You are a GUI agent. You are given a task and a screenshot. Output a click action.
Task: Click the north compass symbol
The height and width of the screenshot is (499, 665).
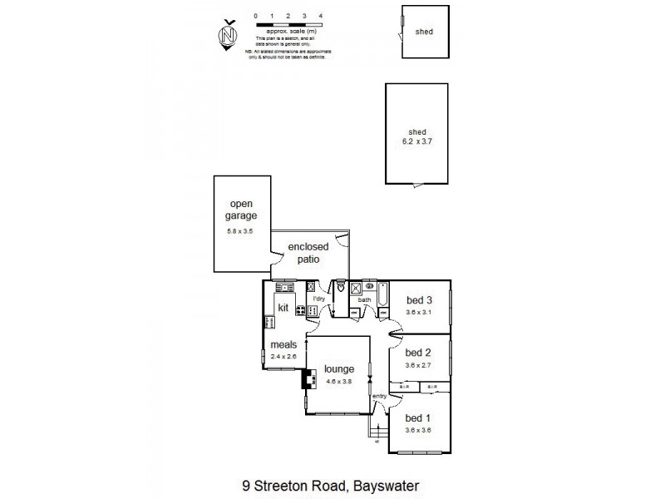click(x=227, y=34)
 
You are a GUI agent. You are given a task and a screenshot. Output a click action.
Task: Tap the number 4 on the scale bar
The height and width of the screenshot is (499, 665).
click(x=320, y=16)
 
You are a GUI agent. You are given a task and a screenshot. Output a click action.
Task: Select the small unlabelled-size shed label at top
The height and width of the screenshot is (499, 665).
click(x=425, y=32)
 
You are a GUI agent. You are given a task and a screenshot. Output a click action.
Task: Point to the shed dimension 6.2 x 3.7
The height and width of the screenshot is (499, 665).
click(x=417, y=142)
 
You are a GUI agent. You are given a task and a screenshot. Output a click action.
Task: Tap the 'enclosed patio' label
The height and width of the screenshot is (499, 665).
click(x=308, y=253)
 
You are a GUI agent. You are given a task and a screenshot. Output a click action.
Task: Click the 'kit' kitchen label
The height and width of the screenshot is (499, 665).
click(x=283, y=308)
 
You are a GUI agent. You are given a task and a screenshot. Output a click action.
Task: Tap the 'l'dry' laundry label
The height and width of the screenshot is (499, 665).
click(x=318, y=299)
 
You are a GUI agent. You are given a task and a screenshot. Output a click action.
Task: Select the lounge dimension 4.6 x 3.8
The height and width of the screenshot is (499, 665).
click(x=340, y=382)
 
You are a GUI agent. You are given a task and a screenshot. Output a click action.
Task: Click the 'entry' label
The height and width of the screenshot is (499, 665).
click(x=380, y=396)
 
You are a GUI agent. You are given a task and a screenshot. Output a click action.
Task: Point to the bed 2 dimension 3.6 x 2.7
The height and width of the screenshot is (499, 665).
click(x=419, y=365)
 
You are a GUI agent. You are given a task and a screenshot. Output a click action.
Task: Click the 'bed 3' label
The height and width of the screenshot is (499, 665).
click(x=419, y=300)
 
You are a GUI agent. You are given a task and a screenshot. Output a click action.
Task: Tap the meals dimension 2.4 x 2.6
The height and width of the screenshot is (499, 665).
click(x=283, y=357)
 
